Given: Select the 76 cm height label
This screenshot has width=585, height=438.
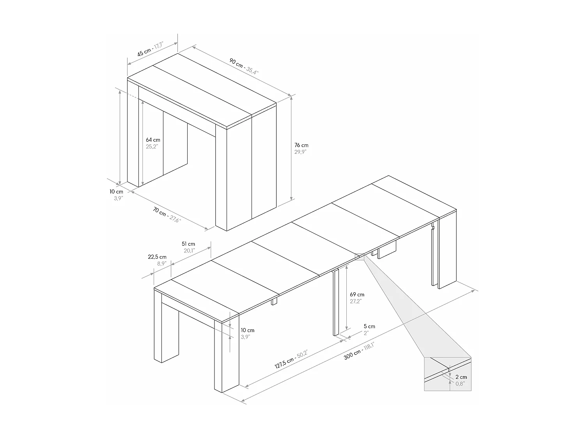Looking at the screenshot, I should [x=301, y=145].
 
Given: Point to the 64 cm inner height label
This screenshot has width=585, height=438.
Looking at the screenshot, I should [x=153, y=140].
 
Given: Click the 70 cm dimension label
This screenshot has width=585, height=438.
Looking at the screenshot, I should [x=160, y=212].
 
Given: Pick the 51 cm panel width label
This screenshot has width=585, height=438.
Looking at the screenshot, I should [x=188, y=244].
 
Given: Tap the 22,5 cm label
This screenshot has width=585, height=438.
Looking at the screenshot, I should [x=157, y=257].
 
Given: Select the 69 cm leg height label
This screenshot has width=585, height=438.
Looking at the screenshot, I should [x=357, y=294].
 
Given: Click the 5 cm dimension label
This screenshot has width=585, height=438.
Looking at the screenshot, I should [x=369, y=326].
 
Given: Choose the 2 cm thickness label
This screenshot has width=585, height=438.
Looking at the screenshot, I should [x=461, y=377].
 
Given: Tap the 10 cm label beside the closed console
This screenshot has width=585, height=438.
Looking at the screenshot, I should [x=116, y=192].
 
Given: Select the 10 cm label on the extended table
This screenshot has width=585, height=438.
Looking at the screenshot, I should [x=248, y=330].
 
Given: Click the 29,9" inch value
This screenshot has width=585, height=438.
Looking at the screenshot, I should [x=301, y=152].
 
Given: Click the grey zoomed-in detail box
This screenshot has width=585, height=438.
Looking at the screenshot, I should [x=447, y=374].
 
